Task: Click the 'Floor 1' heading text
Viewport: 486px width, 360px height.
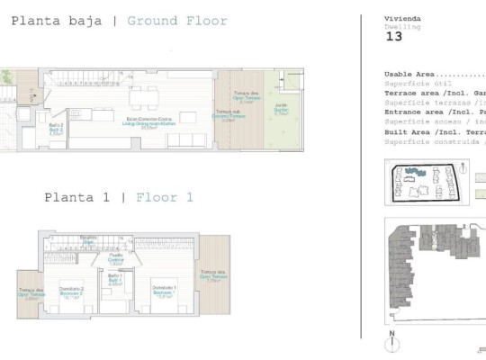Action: pyautogui.click(x=165, y=197)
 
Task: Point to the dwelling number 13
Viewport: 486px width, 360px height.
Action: pyautogui.click(x=393, y=38)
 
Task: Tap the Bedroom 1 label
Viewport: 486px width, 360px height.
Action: pyautogui.click(x=163, y=292)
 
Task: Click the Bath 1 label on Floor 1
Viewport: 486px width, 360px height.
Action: pyautogui.click(x=115, y=281)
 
